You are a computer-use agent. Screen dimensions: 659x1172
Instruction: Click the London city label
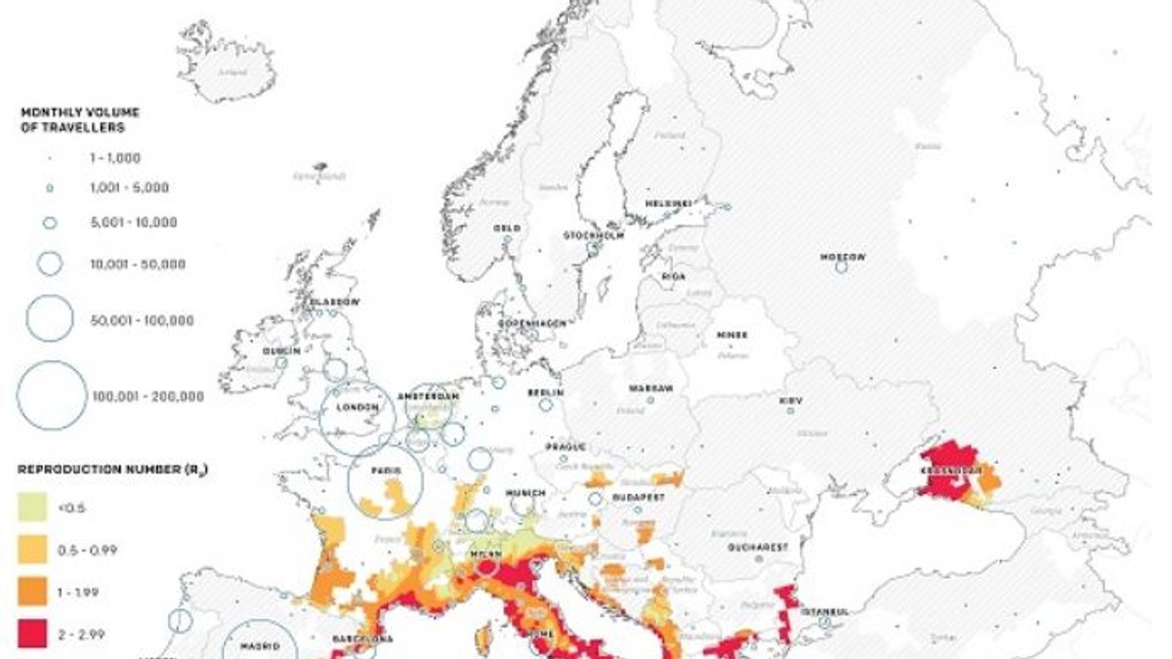coord(356,408)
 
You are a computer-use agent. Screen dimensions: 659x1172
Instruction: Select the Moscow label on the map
coord(842,257)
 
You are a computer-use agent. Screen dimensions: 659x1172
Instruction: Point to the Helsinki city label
coord(668,203)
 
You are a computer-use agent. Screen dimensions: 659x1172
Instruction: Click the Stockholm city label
coord(593,236)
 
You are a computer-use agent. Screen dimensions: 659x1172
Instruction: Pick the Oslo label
coord(506,228)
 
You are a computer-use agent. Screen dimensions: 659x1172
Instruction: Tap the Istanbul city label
coord(825,612)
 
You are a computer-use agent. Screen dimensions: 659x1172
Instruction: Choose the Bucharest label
coord(757,548)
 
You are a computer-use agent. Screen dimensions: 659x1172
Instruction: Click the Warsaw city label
coord(650,389)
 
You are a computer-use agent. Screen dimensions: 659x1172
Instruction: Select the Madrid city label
coord(260,646)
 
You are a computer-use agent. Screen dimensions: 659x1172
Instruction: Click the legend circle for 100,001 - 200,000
coord(51,395)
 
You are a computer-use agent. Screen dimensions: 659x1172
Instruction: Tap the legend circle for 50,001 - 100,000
coord(50,319)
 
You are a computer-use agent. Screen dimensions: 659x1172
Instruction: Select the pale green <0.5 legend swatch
coord(32,506)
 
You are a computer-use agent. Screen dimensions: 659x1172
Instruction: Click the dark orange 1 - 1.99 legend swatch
coord(32,592)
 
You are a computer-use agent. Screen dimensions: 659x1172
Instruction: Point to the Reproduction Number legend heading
coord(112,470)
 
